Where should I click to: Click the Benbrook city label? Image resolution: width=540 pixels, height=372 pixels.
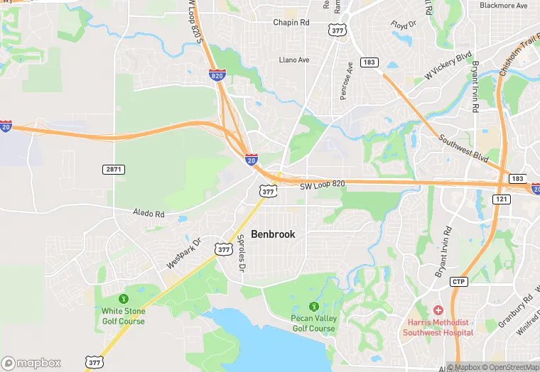273,234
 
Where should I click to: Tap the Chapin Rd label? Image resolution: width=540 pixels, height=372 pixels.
291,23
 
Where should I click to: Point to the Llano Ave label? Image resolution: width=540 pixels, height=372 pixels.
294,60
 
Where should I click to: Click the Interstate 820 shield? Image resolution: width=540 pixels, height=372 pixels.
217,74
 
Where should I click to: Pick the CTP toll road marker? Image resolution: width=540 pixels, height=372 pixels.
459,282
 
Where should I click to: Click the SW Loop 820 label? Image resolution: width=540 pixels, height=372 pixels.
322,185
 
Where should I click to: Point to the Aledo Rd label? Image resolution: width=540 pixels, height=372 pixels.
148,213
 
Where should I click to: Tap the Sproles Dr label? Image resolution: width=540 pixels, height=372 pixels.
241,254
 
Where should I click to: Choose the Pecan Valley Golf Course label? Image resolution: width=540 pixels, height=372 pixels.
313,324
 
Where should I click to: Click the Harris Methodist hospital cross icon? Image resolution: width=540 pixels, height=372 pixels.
438,310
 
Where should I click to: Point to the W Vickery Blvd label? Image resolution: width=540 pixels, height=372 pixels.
448,66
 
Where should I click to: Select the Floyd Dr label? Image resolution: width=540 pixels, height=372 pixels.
403,25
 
